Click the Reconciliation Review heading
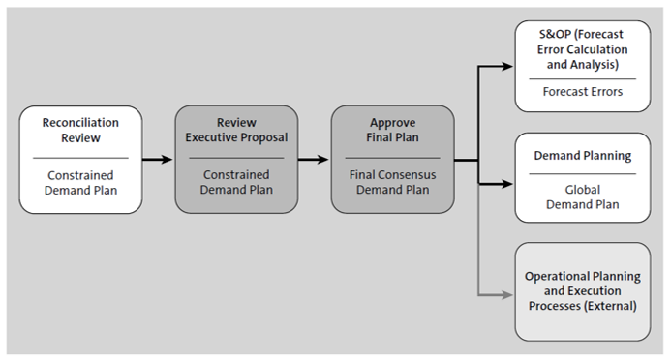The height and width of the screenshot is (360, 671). point(80,131)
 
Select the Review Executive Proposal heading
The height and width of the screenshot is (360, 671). point(235,131)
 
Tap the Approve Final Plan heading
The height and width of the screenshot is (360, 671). point(391,131)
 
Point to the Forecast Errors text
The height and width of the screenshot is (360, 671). point(583,93)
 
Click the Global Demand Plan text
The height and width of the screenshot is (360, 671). point(583,196)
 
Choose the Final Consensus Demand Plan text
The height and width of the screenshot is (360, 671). point(391,182)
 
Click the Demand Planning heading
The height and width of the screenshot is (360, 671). point(583,155)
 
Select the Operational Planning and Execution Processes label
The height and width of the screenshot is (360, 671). point(583,291)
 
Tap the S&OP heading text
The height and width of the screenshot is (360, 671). point(583,49)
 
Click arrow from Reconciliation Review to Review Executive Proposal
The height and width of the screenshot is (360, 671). point(158,160)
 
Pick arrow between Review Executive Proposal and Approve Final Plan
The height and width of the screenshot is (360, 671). point(314,160)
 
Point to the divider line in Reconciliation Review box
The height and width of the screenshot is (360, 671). point(80,157)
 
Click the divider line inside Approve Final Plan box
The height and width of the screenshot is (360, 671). point(391,157)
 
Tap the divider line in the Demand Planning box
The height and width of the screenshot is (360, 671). point(583,173)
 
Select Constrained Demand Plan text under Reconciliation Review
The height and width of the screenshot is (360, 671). point(80,182)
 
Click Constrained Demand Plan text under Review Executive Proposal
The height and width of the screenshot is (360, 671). point(235,182)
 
